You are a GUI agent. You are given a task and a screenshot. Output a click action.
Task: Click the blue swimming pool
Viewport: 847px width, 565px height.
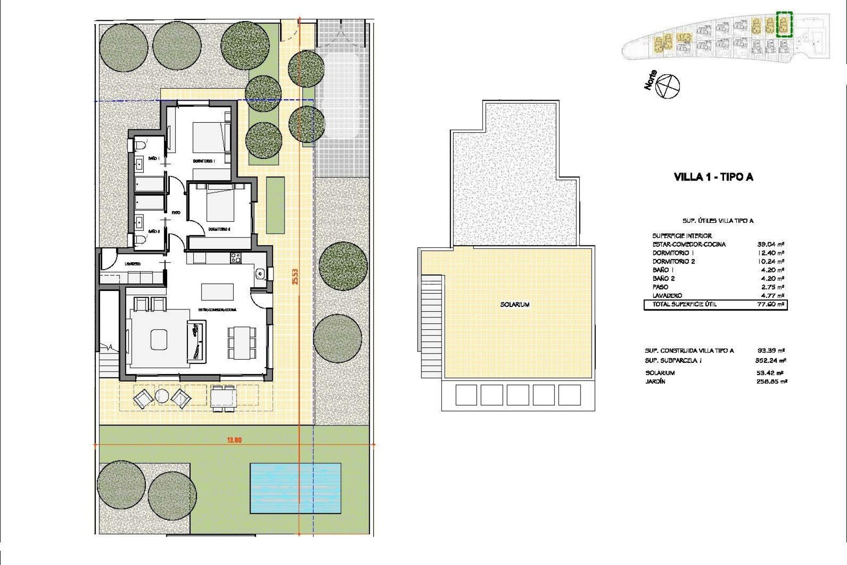point(295,488)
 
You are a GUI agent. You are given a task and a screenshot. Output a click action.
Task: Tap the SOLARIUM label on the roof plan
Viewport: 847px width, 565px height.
point(515,305)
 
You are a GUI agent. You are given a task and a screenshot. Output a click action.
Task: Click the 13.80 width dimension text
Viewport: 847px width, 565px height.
point(234,440)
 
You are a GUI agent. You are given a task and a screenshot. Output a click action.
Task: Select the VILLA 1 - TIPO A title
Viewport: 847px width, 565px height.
point(713,177)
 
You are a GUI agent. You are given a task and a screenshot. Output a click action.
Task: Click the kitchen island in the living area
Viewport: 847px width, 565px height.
point(217,291)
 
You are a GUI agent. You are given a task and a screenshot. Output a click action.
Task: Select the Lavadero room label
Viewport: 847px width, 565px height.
point(132,264)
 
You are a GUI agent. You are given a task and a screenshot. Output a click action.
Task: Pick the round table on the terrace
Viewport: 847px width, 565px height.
point(161,396)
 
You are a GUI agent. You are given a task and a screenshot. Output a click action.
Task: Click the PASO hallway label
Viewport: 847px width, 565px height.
point(176,213)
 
